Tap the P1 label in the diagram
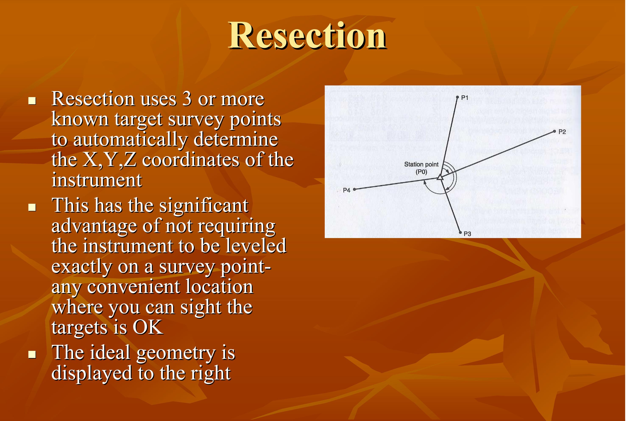point(464,98)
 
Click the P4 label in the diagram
point(347,190)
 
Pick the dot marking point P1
point(457,97)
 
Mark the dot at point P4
point(354,189)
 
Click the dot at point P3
point(460,233)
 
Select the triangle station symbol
point(439,177)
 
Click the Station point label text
point(421,164)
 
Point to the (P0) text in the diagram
point(421,172)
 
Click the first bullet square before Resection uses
point(32,101)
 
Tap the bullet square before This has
point(32,208)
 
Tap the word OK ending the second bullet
point(148,327)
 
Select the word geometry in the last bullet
point(176,353)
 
